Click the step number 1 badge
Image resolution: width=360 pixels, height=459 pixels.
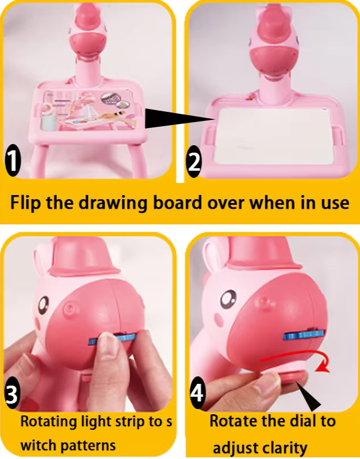coord(13,161)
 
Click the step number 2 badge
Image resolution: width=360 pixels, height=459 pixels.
coord(194,162)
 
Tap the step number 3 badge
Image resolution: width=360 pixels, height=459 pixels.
coord(12,394)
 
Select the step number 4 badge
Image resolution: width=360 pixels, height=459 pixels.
coord(197,392)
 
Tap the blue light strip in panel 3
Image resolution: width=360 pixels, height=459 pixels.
coord(112,339)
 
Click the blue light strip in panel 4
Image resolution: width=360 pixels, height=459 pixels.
coord(305,334)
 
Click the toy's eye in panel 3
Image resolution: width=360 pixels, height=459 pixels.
coord(44,305)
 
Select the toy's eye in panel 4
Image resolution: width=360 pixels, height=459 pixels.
coord(229,299)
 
